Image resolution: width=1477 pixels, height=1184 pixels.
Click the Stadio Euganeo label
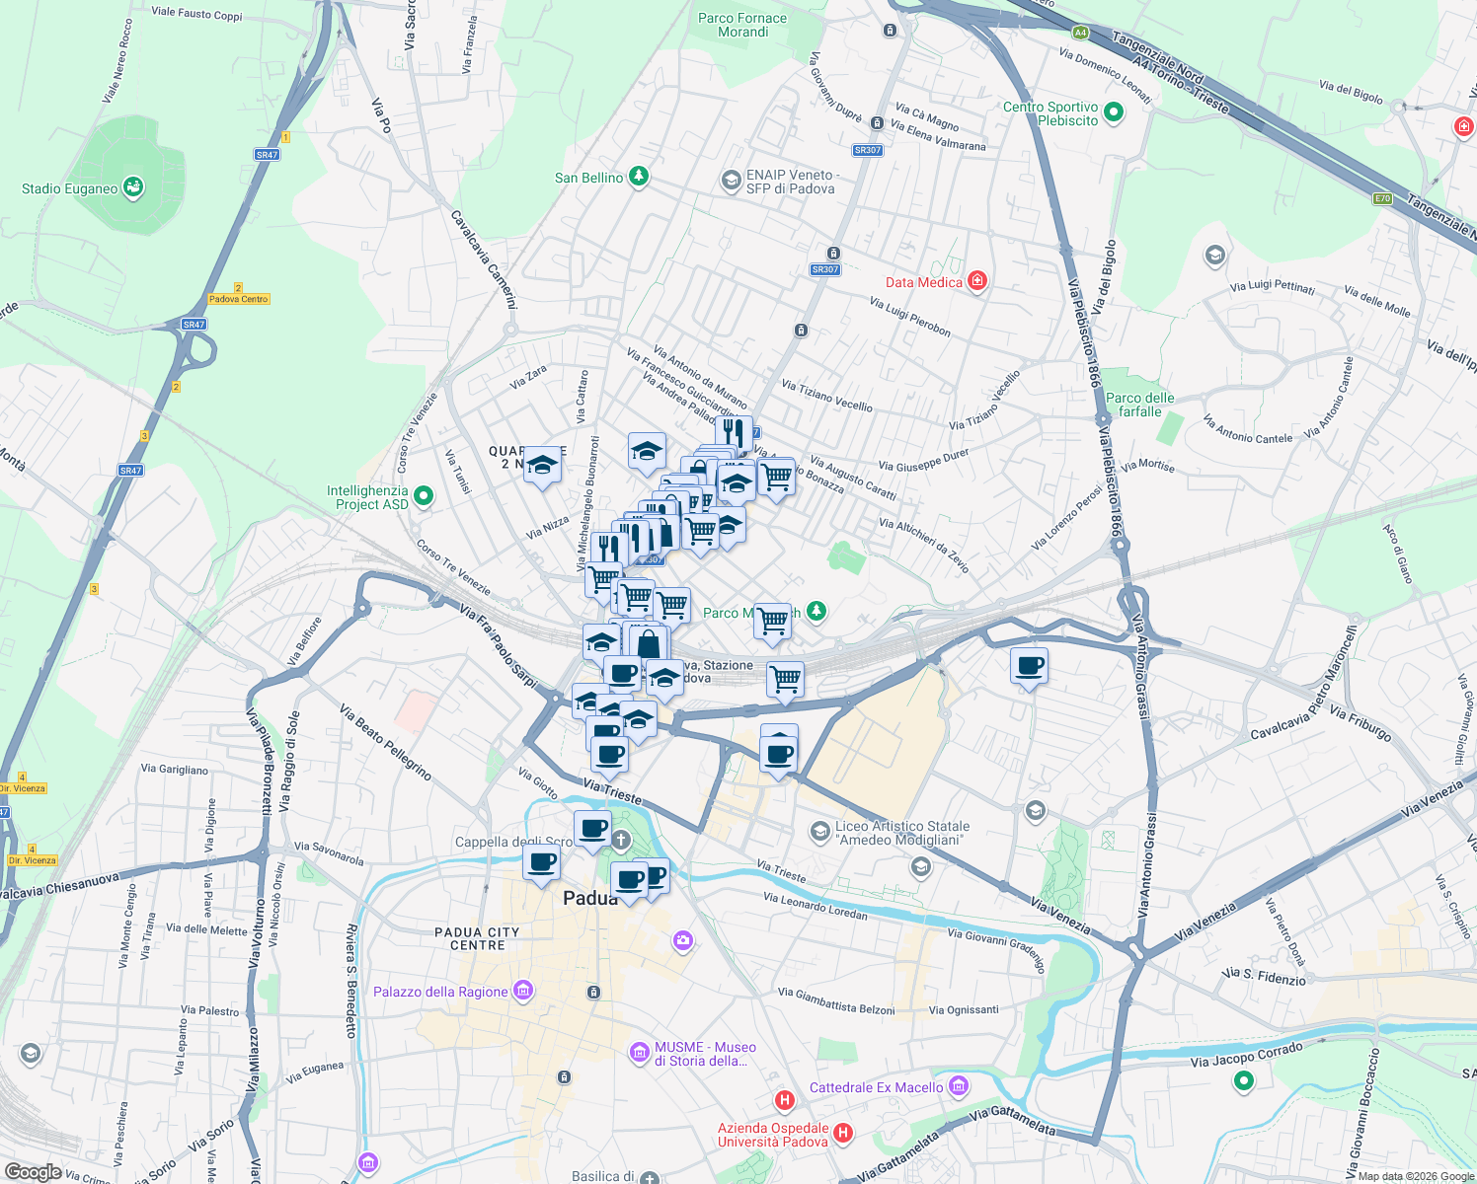pos(69,188)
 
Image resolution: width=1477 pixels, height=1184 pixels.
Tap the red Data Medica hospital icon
pos(977,281)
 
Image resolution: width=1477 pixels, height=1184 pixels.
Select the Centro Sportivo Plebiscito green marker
pos(1114,112)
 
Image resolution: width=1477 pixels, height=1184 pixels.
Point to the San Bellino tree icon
pos(640,177)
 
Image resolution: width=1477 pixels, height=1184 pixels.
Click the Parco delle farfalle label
pos(1139,405)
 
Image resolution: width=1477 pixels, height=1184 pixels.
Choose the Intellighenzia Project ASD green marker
pos(424,496)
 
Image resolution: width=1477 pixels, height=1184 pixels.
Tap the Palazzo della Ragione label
pos(440,992)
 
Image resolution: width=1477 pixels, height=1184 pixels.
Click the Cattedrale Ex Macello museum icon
pos(958,1086)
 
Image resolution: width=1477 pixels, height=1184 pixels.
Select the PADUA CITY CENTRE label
pos(477,938)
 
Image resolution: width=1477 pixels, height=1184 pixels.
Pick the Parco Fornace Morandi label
pos(742,25)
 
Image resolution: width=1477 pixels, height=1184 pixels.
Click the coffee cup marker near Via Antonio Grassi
pos(1029,667)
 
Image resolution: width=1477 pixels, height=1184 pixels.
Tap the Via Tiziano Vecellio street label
pos(826,396)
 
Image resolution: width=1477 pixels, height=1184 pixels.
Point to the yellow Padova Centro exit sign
pos(238,299)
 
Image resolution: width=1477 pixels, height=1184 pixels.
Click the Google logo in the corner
pos(33,1172)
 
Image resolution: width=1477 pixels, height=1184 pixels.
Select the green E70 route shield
pos(1382,198)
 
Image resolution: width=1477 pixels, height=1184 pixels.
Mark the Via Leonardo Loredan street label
pos(815,907)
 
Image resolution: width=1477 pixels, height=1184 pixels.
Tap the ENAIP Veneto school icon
pos(731,180)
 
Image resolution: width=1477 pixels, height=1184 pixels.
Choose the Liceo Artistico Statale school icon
pos(819,832)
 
